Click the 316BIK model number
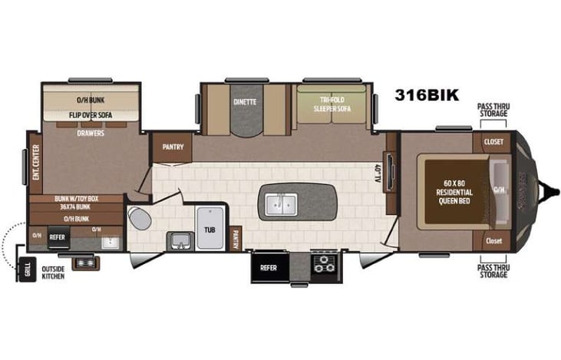click(427, 96)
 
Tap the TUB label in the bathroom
click(210, 229)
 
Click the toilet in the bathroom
click(138, 218)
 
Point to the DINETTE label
click(245, 102)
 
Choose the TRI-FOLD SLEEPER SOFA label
click(331, 104)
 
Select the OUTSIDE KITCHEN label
click(54, 272)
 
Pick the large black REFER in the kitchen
click(269, 268)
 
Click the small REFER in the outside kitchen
click(58, 238)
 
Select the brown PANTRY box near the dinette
click(173, 147)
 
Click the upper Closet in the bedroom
click(493, 142)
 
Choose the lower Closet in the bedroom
click(493, 240)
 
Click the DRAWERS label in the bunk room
click(91, 132)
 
